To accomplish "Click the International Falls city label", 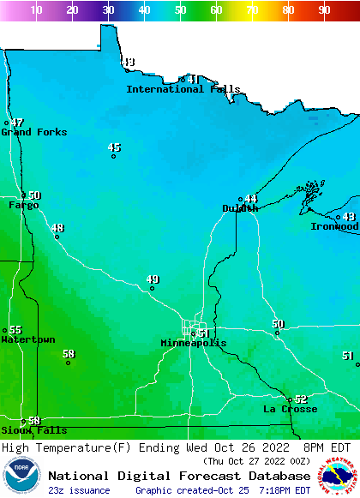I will pos(183,89).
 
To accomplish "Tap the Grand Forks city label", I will pos(34,132).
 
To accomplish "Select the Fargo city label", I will pos(24,206).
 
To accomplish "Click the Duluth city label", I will pos(240,208).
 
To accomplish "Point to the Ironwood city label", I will pos(334,226).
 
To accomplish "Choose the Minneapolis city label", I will pos(194,343).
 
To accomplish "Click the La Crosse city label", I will pos(290,409).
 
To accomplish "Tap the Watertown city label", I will pos(28,339).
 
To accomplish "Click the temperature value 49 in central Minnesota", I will pos(153,279).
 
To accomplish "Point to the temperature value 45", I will pos(114,148).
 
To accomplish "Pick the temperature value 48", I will pos(57,228).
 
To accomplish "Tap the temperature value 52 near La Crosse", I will pos(301,399).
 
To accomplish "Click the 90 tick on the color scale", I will pos(324,10).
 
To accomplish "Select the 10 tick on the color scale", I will pos(36,10).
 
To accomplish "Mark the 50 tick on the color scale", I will pos(180,10).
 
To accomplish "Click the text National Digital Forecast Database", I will pos(179,476).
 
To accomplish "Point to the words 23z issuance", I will pos(79,490).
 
